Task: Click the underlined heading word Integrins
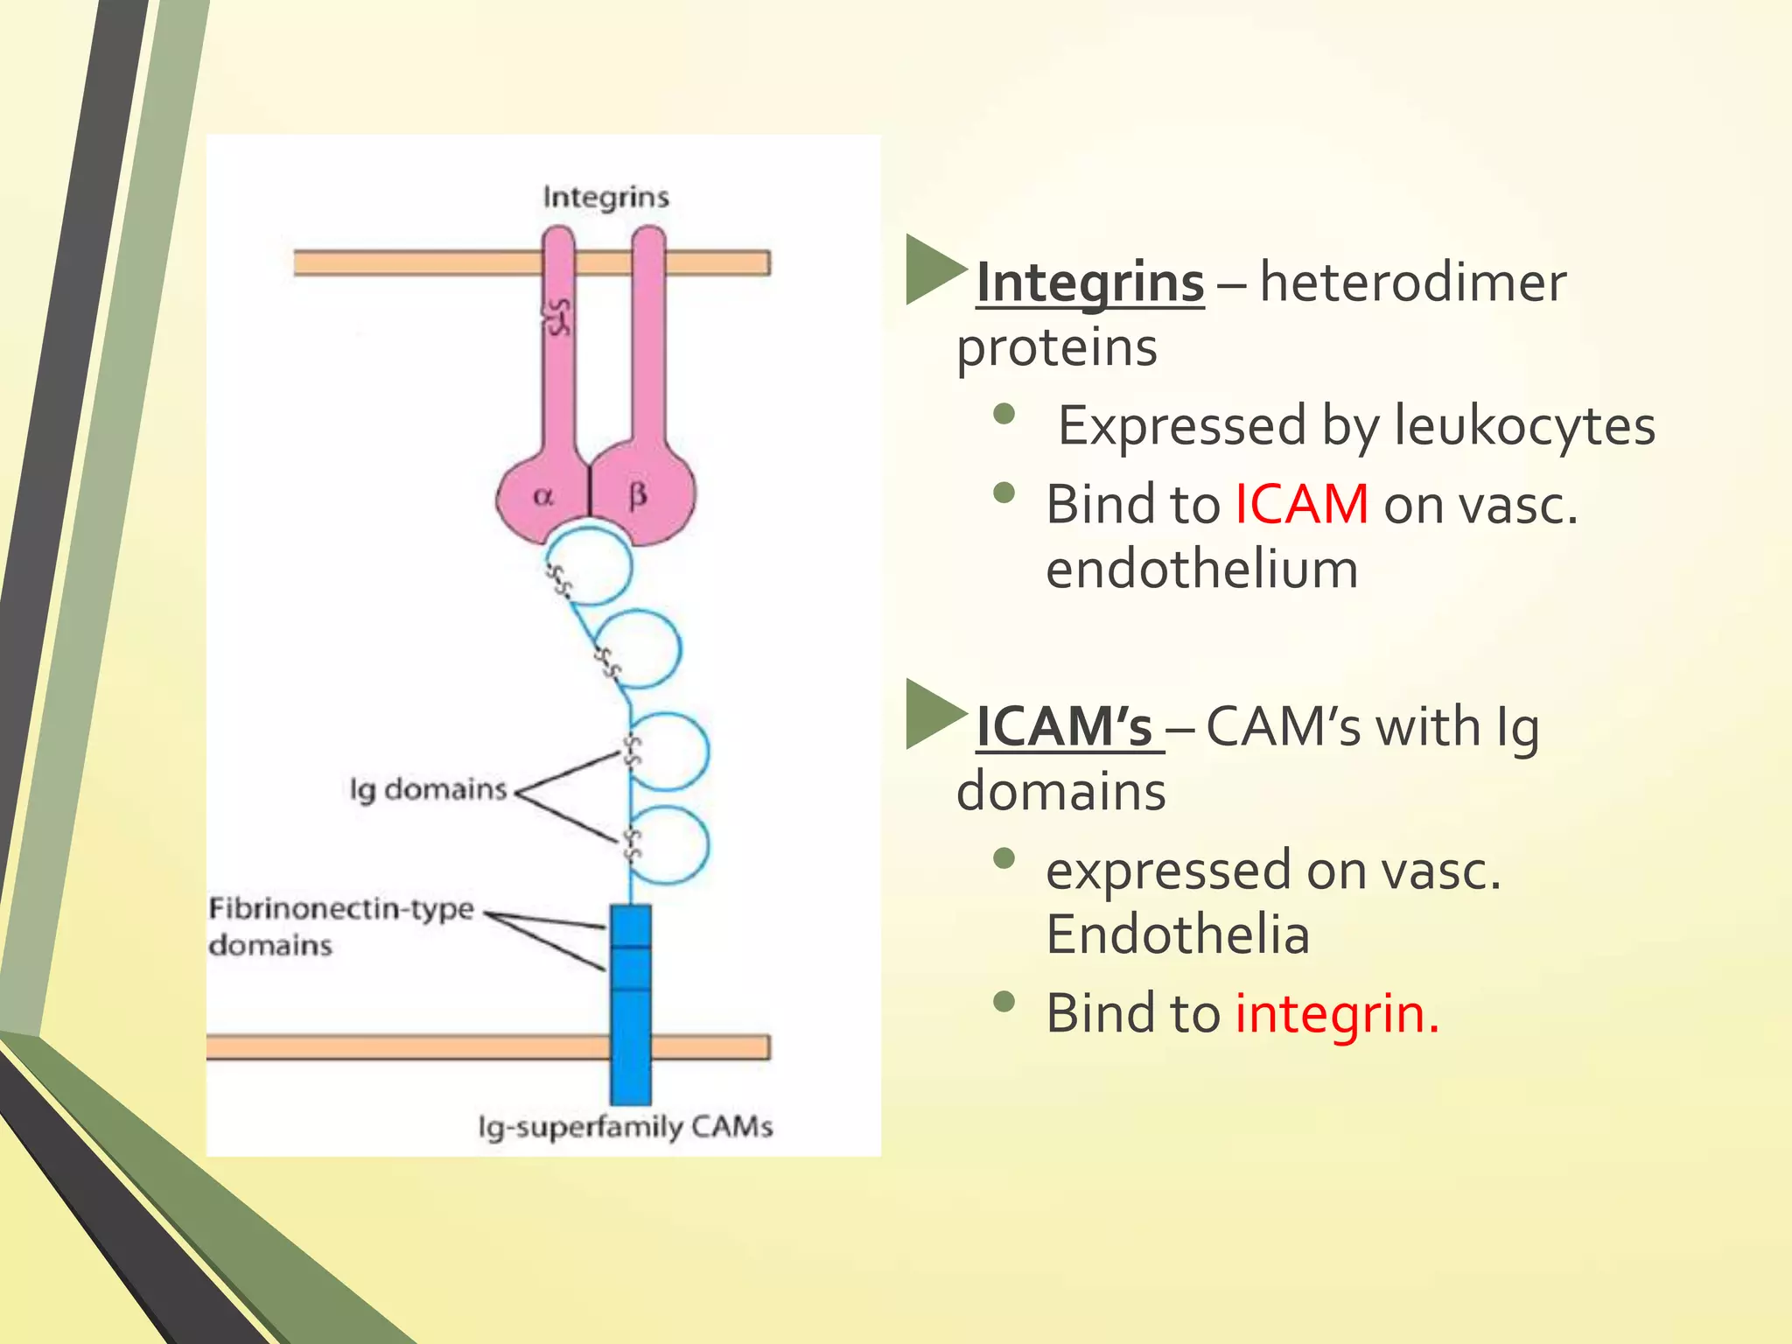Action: click(1089, 284)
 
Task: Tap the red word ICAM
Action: click(1301, 506)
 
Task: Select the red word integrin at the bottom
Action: click(1335, 1015)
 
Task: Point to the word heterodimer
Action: click(1412, 283)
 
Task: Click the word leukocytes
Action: click(1523, 427)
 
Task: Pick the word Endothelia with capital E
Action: click(1177, 934)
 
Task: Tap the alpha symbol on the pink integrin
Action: click(543, 497)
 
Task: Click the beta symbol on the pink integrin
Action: click(638, 496)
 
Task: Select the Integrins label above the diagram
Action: click(605, 197)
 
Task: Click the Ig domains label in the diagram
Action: click(428, 789)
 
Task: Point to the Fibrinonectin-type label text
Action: click(341, 909)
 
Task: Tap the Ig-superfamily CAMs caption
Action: click(625, 1127)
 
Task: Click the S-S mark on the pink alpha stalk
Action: click(558, 317)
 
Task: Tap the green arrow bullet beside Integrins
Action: click(933, 269)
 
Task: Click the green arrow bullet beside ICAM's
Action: click(933, 713)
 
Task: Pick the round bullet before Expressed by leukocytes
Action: click(1004, 413)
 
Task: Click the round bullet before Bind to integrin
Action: click(1004, 1001)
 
